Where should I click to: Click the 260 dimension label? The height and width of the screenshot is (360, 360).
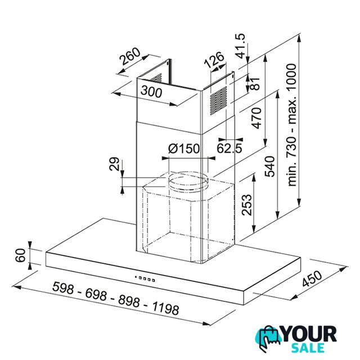point(130,56)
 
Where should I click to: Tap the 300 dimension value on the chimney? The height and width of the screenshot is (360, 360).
point(151,91)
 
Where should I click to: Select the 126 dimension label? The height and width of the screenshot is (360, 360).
point(214,60)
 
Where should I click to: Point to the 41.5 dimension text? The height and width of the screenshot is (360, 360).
point(241,46)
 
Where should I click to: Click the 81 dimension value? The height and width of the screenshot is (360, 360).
point(255,84)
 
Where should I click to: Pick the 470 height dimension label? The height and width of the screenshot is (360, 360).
point(256,118)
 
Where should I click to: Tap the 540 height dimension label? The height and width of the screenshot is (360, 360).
point(270,166)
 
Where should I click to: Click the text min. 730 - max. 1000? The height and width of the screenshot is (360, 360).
point(292,125)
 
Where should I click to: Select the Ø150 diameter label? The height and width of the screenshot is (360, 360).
point(184,148)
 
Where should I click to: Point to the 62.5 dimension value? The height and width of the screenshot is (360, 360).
point(229,148)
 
